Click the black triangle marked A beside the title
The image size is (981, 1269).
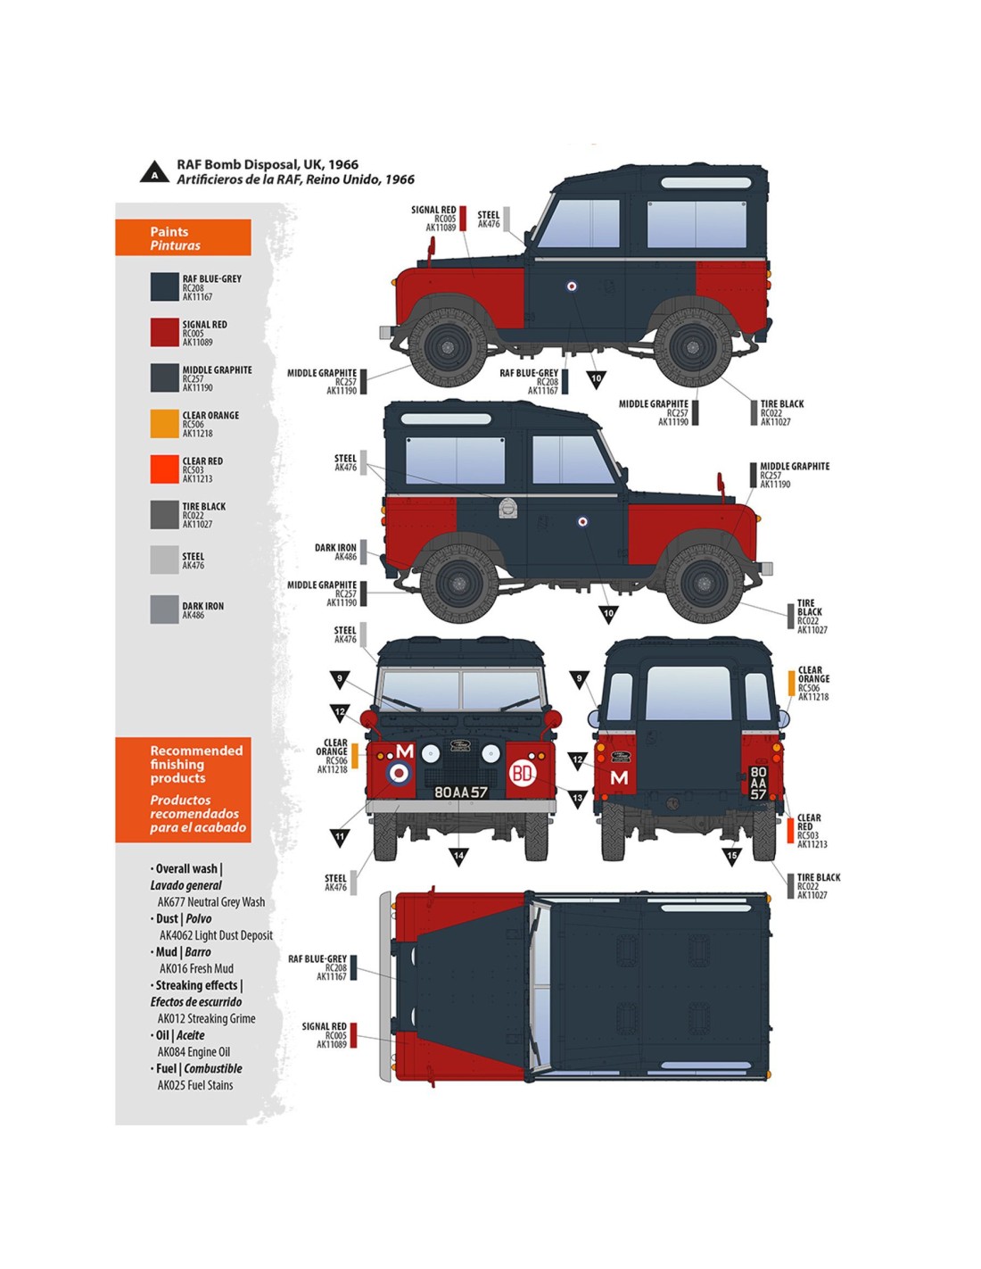tap(154, 172)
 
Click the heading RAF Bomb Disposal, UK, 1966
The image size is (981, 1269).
tap(268, 164)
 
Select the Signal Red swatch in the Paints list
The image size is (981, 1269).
tap(164, 332)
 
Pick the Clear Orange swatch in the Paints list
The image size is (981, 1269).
tap(164, 423)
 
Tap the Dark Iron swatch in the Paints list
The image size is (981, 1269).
tap(164, 610)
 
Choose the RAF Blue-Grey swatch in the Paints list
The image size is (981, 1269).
tap(164, 286)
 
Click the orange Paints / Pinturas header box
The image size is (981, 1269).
tap(183, 238)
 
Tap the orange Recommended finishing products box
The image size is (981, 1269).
tap(183, 789)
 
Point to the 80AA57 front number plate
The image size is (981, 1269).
tap(460, 792)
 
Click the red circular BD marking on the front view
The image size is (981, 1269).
tap(523, 773)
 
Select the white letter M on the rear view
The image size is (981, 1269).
tap(619, 778)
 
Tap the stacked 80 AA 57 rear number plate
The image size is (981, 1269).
tap(758, 783)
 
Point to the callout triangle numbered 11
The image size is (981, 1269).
tap(340, 838)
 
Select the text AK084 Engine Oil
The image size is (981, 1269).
tap(194, 1052)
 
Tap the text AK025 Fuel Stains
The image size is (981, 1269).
tap(195, 1085)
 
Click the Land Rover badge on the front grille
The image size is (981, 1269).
tap(460, 746)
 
